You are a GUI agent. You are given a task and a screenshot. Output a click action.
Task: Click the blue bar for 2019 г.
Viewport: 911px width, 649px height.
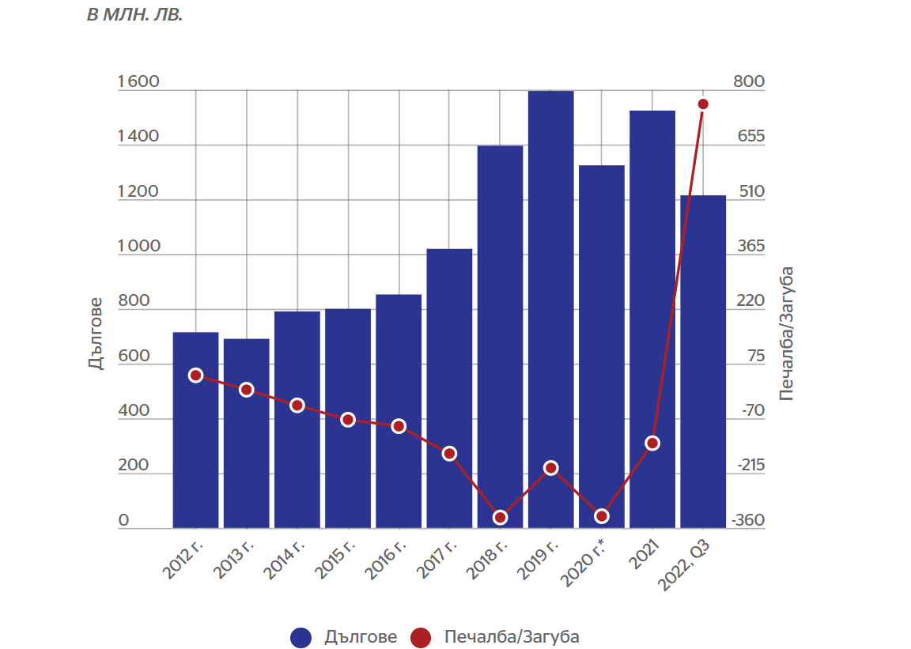pos(551,308)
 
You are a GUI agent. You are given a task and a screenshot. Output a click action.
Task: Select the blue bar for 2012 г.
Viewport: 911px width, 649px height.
pos(195,430)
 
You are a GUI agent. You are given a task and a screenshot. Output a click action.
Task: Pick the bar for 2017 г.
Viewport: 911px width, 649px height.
pos(449,388)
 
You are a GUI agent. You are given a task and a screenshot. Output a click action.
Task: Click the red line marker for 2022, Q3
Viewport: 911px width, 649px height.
pos(703,104)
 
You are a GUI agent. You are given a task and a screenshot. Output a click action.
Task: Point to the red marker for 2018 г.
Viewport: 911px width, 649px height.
pos(500,518)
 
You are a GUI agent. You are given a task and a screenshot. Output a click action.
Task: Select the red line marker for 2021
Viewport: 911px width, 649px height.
pos(652,443)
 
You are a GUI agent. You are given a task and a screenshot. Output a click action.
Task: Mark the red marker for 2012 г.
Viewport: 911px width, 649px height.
pos(195,375)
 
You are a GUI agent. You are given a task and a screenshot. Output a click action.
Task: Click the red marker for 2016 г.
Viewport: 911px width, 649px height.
pos(399,426)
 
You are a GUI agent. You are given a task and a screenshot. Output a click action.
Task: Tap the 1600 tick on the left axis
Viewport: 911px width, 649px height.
pos(138,82)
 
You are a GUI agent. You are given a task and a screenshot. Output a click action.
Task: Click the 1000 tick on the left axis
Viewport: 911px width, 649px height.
pos(138,247)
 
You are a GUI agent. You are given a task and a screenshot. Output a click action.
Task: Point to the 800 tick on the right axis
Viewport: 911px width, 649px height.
pos(750,82)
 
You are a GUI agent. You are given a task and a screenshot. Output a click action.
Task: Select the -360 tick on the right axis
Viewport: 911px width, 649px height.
pos(749,521)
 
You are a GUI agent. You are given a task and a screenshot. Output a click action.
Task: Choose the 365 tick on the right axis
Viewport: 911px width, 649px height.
pos(750,247)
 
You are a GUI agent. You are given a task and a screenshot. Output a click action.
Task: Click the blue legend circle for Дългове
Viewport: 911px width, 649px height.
pos(301,637)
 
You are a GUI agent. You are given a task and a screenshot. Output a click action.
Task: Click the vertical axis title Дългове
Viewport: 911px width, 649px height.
pos(95,334)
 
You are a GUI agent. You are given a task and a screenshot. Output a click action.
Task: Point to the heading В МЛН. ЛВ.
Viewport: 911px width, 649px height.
pos(134,15)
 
